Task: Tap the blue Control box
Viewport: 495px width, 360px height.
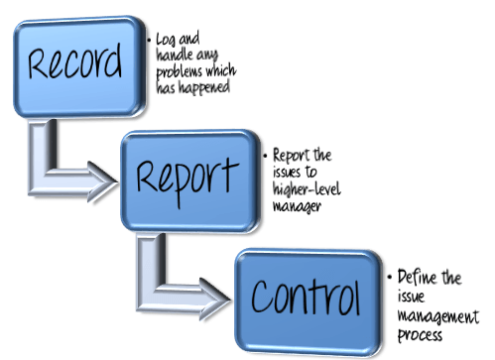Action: [x=304, y=294]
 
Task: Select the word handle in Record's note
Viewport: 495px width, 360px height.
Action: [x=175, y=57]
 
